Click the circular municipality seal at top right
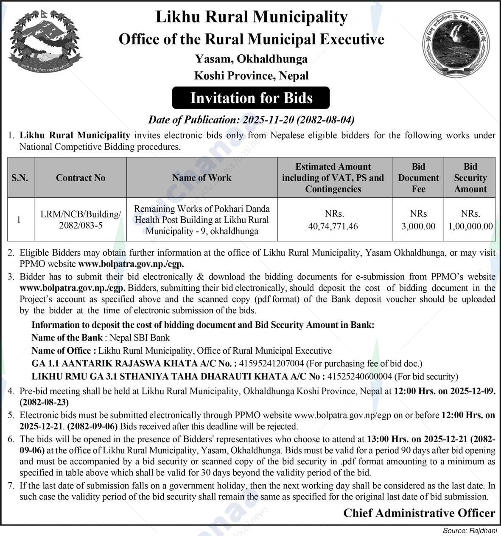(455, 44)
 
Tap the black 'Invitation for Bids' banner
(251, 98)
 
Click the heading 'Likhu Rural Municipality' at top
(252, 17)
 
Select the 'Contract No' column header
(81, 178)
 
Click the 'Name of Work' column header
(202, 178)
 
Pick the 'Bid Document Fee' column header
(418, 178)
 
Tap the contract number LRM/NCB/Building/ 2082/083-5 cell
(81, 220)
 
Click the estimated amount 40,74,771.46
(333, 226)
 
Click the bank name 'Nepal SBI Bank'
(140, 338)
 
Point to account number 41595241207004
(271, 363)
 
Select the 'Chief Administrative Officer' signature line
(419, 513)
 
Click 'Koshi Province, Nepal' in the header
(251, 76)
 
